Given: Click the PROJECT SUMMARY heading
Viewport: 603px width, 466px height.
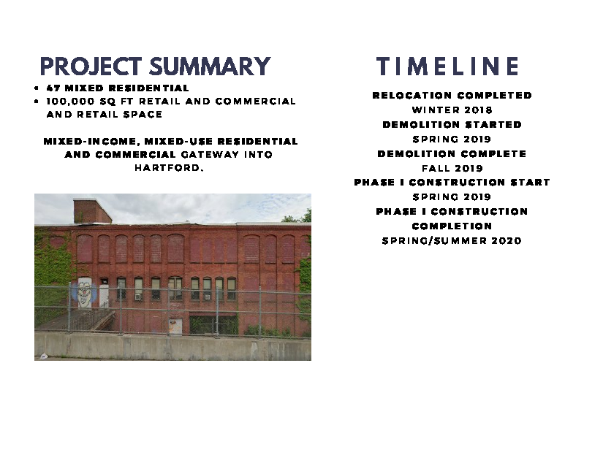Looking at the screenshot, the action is [x=156, y=66].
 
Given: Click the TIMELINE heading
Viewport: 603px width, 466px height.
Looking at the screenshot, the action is [x=448, y=66].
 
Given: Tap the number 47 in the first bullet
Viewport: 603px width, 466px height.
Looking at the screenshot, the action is [x=53, y=88].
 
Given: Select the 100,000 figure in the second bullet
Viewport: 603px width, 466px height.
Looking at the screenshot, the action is [x=71, y=102].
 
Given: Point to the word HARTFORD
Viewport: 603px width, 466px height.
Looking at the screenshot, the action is [x=169, y=168].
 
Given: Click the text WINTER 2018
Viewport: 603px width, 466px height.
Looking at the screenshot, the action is [x=452, y=110].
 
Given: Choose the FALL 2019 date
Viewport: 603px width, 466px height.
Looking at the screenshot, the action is [x=452, y=168].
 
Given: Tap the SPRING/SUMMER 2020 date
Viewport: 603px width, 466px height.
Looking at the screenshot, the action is [x=452, y=240].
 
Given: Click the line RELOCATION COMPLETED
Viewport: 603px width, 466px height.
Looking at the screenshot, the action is [x=452, y=95].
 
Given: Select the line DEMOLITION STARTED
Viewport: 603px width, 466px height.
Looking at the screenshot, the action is [x=452, y=124].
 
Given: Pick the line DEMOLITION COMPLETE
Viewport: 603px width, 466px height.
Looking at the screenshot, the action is [x=452, y=153].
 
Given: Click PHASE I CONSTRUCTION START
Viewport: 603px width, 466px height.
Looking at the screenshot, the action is [x=452, y=182].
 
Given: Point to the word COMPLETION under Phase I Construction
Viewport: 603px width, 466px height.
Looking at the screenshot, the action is [x=452, y=226].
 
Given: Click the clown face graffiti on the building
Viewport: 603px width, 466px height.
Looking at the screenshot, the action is [x=83, y=293].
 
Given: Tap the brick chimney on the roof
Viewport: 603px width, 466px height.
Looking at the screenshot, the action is [x=92, y=211].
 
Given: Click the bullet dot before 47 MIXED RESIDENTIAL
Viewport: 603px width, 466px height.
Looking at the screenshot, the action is [x=36, y=88].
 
